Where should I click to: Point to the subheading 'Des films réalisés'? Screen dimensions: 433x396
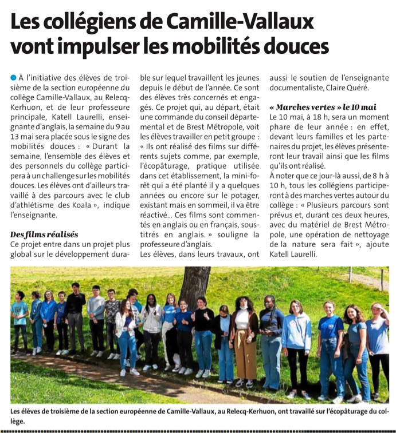point(44,234)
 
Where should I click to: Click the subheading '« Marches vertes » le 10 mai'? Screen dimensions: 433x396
point(323,107)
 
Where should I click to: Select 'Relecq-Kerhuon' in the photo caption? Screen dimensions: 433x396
point(241,412)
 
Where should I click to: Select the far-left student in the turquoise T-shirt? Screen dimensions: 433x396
point(20,320)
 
